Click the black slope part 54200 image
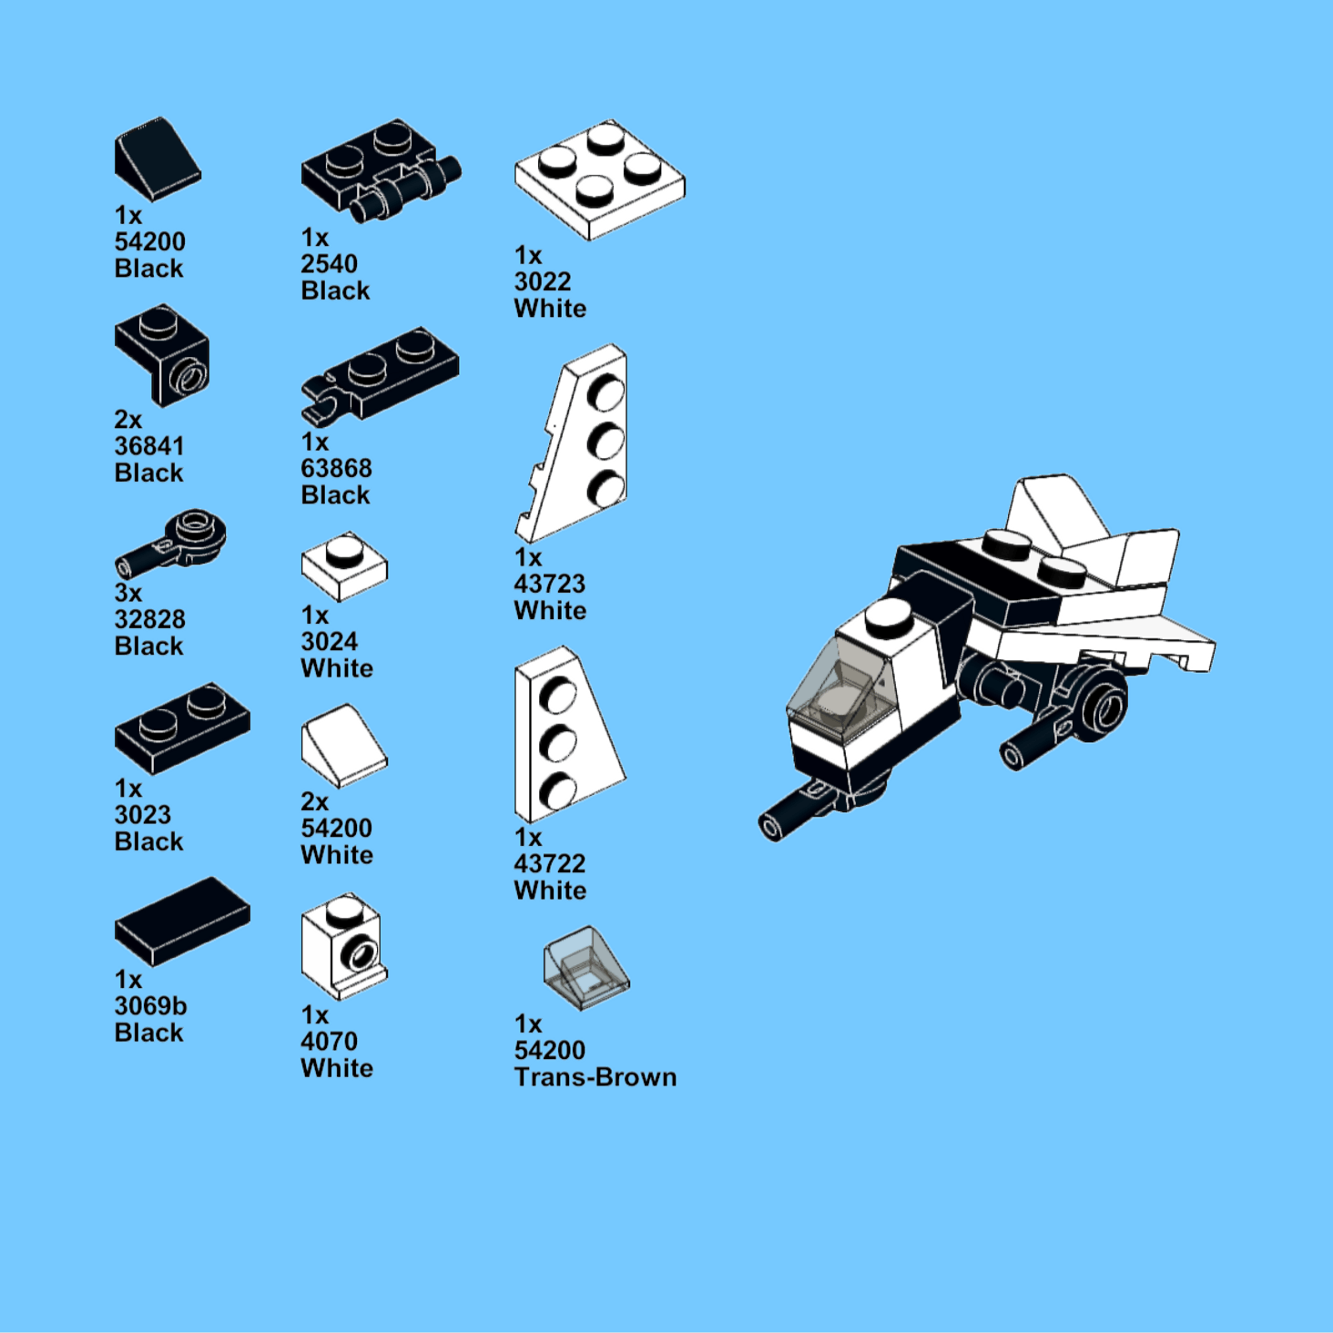point(157,159)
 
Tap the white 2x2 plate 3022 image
point(600,180)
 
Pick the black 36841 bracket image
point(162,356)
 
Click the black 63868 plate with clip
point(380,374)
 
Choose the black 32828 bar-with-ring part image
point(170,545)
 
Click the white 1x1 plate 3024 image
point(344,566)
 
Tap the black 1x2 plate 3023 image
point(183,728)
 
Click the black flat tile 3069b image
point(183,922)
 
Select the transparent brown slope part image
point(586,968)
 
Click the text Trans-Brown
point(595,1077)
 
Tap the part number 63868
point(336,468)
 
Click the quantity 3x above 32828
point(128,593)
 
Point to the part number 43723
point(550,584)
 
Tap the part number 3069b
point(151,1006)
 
